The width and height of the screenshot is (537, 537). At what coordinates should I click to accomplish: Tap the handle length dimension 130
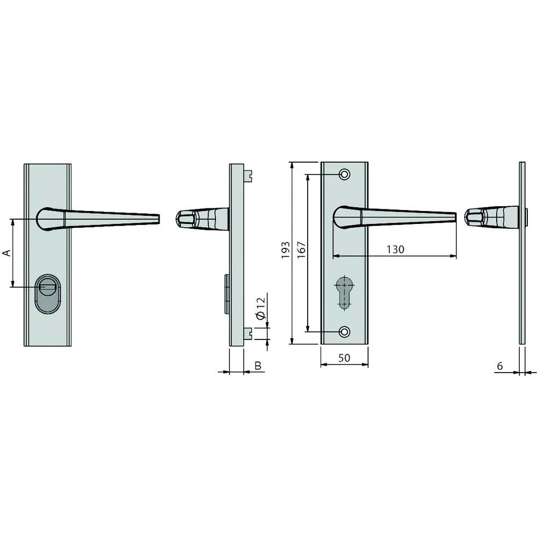tap(395, 249)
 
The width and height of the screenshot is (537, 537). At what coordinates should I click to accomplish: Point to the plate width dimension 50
tap(344, 358)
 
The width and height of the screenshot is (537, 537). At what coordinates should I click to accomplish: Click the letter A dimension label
tap(7, 253)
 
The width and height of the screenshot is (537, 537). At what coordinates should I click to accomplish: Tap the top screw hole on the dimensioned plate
tap(344, 175)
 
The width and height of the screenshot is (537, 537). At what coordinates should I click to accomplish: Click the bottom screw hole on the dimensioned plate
tap(344, 331)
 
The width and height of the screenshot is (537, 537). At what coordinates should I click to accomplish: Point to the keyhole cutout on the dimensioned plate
tap(344, 293)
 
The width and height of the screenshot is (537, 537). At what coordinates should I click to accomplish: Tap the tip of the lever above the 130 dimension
tap(454, 217)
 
